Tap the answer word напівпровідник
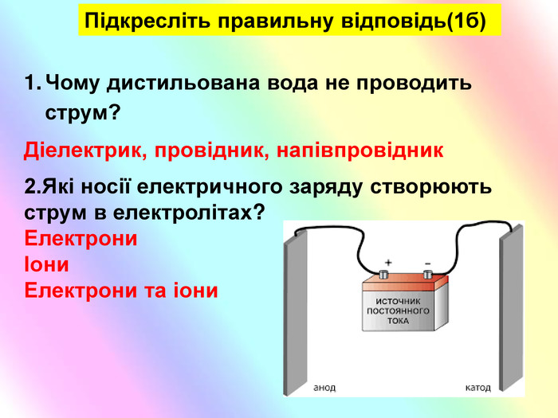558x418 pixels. (360, 150)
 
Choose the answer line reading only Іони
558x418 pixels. (46, 264)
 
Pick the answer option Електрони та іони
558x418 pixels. (121, 291)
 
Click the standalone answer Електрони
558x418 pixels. (81, 238)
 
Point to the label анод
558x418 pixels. (324, 387)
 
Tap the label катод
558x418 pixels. (477, 388)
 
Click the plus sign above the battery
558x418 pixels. (388, 263)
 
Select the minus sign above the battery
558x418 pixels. (427, 264)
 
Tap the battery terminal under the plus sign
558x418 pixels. (383, 274)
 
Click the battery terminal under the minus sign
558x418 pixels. (427, 274)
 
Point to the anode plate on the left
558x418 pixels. (296, 313)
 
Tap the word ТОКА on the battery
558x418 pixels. (399, 321)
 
